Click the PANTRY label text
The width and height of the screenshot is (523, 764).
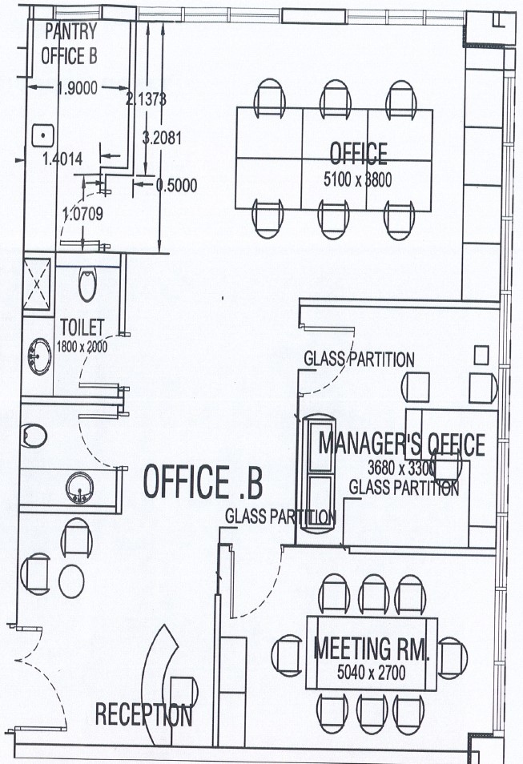[70, 31]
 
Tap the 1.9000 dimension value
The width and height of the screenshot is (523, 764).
[78, 88]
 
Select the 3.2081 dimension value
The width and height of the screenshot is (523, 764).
[162, 138]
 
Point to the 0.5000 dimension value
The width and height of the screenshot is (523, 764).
[176, 185]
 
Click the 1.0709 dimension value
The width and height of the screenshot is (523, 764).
[82, 213]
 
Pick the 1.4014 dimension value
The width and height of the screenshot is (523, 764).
[62, 159]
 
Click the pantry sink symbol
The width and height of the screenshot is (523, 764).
[43, 135]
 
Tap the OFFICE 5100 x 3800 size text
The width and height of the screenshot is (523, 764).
[358, 180]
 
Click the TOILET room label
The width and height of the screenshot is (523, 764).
[82, 328]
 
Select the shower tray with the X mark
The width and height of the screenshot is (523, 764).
[37, 284]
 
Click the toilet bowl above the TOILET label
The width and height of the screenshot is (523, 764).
[88, 285]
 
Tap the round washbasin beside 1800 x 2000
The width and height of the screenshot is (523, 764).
[39, 356]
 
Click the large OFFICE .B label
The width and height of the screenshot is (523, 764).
[203, 482]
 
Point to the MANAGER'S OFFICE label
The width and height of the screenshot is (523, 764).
[401, 444]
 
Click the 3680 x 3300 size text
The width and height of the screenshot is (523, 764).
[401, 468]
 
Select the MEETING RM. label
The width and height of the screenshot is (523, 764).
[372, 648]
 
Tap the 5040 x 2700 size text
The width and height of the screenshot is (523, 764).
[372, 673]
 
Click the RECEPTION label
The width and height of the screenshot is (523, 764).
[143, 715]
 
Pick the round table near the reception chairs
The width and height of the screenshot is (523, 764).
[71, 581]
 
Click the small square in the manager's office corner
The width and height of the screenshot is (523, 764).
[481, 356]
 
